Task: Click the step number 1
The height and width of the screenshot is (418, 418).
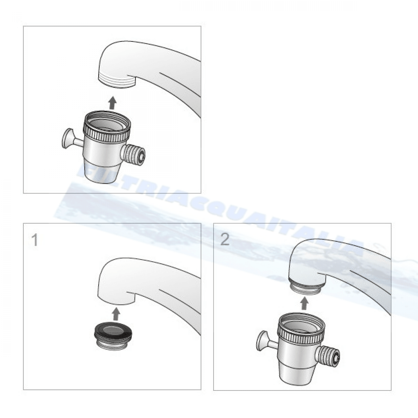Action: point(35,240)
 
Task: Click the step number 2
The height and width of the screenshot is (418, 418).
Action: point(225,239)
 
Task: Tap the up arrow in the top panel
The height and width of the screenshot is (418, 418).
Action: point(112,103)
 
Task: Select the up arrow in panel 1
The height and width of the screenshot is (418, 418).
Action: point(116,315)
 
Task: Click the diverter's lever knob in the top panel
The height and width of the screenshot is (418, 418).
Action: point(67,138)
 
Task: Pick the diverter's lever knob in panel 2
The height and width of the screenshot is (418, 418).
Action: point(261,340)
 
